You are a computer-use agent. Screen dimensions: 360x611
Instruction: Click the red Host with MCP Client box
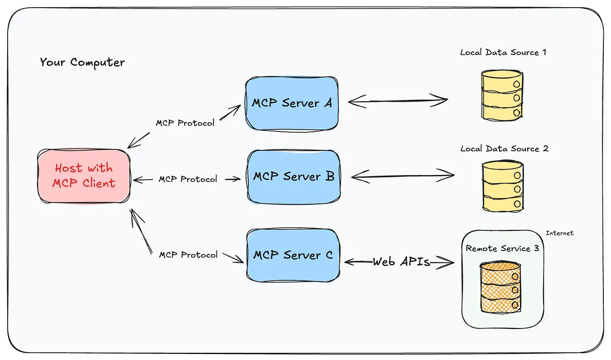[x=84, y=176]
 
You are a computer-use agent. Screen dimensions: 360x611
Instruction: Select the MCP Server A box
[x=292, y=103]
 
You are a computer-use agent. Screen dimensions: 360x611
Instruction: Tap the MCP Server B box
[x=293, y=176]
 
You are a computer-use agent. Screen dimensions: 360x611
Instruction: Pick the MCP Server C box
[x=293, y=255]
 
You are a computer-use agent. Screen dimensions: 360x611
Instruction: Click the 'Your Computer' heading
[x=82, y=62]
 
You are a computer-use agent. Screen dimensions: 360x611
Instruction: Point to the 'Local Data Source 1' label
[x=503, y=52]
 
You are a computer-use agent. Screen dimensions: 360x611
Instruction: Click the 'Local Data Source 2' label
[x=504, y=148]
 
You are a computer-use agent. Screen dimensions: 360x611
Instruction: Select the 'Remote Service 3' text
[x=502, y=248]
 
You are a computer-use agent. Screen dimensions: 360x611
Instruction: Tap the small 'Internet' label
[x=559, y=233]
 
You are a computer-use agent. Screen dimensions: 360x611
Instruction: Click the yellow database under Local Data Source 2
[x=503, y=186]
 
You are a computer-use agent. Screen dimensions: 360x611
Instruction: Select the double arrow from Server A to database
[x=398, y=101]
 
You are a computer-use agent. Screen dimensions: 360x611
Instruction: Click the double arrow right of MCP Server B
[x=402, y=176]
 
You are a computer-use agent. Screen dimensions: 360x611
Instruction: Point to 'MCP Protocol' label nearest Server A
[x=185, y=123]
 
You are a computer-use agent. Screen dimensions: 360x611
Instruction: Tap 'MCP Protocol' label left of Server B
[x=188, y=179]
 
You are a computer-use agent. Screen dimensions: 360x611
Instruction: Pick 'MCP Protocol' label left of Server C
[x=188, y=255]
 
